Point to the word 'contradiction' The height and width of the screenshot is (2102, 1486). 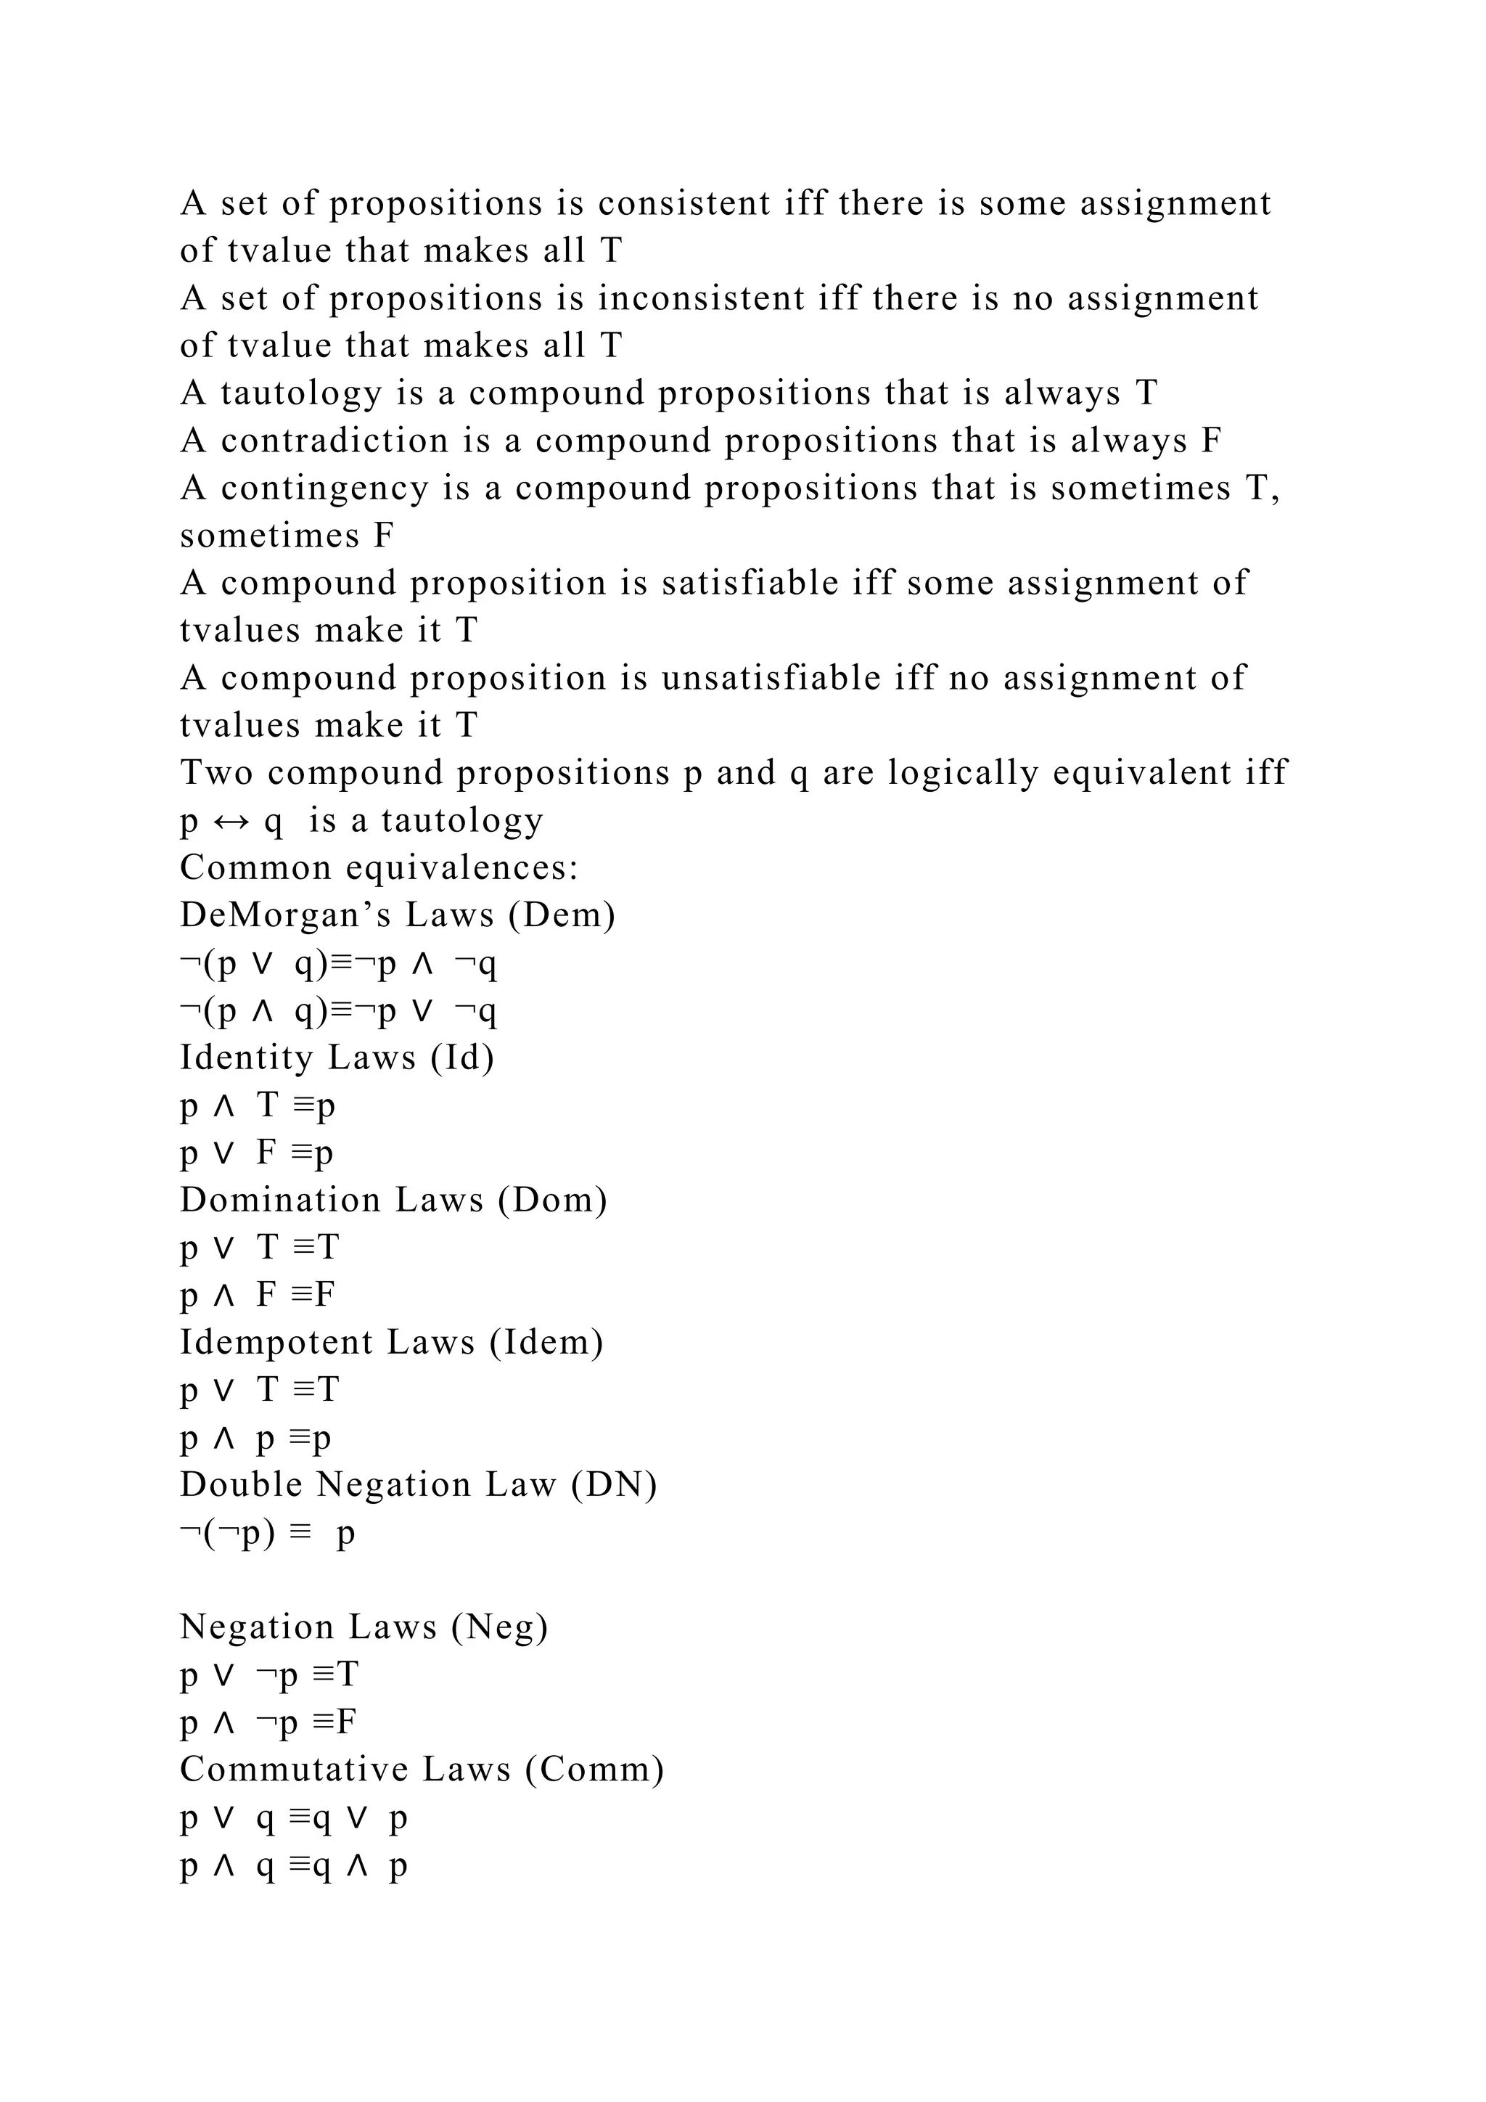tap(335, 441)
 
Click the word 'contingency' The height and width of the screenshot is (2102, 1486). tap(325, 489)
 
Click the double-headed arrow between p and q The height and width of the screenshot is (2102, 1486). tap(231, 821)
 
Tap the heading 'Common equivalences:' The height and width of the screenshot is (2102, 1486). tap(379, 868)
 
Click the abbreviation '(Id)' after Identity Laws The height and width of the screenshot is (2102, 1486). tap(463, 1058)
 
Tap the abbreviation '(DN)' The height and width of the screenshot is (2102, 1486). tap(614, 1485)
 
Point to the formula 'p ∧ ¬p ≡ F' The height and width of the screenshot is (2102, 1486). tap(268, 1723)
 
